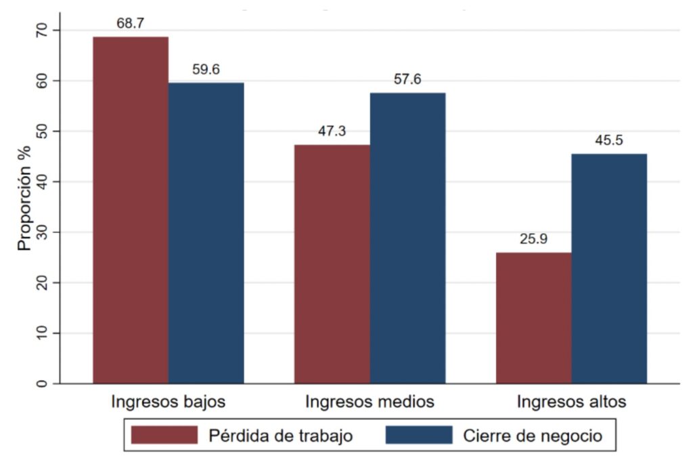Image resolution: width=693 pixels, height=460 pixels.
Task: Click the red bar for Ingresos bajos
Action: point(131,210)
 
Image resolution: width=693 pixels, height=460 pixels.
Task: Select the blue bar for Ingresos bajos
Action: point(206,233)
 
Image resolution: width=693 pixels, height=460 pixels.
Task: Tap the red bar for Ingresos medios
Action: point(332,264)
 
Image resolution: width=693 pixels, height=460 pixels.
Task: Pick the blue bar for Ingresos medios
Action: point(407,238)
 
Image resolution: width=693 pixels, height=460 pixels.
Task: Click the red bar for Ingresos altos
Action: point(533,318)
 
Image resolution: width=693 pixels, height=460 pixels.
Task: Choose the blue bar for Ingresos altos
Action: point(609,268)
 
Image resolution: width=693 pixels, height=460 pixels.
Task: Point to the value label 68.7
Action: point(131,24)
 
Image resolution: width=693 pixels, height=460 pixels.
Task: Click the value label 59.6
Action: point(206,69)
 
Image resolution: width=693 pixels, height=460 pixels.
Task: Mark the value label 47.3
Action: point(332,131)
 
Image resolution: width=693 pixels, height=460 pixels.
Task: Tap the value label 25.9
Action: point(533,239)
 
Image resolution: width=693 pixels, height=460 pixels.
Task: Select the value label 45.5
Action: point(609,141)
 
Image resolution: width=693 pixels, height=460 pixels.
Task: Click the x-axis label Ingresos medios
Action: point(370,401)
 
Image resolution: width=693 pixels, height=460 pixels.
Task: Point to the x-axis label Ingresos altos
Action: point(571,401)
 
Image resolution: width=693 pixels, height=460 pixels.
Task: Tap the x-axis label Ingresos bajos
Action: point(169,401)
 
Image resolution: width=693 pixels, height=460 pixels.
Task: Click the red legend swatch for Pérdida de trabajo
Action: point(164,435)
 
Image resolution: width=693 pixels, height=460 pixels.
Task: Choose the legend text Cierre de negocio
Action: point(532,435)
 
